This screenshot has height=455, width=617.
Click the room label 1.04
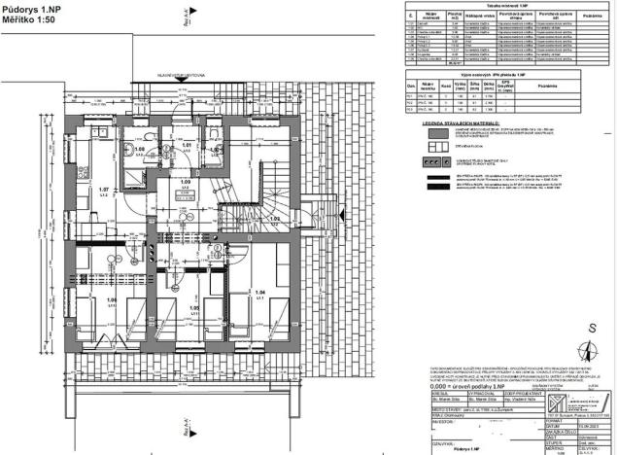(258, 293)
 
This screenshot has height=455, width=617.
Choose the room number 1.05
(194, 307)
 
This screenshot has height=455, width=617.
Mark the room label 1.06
(86, 299)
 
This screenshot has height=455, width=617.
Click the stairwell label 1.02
(275, 220)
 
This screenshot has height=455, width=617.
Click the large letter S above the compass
(591, 328)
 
